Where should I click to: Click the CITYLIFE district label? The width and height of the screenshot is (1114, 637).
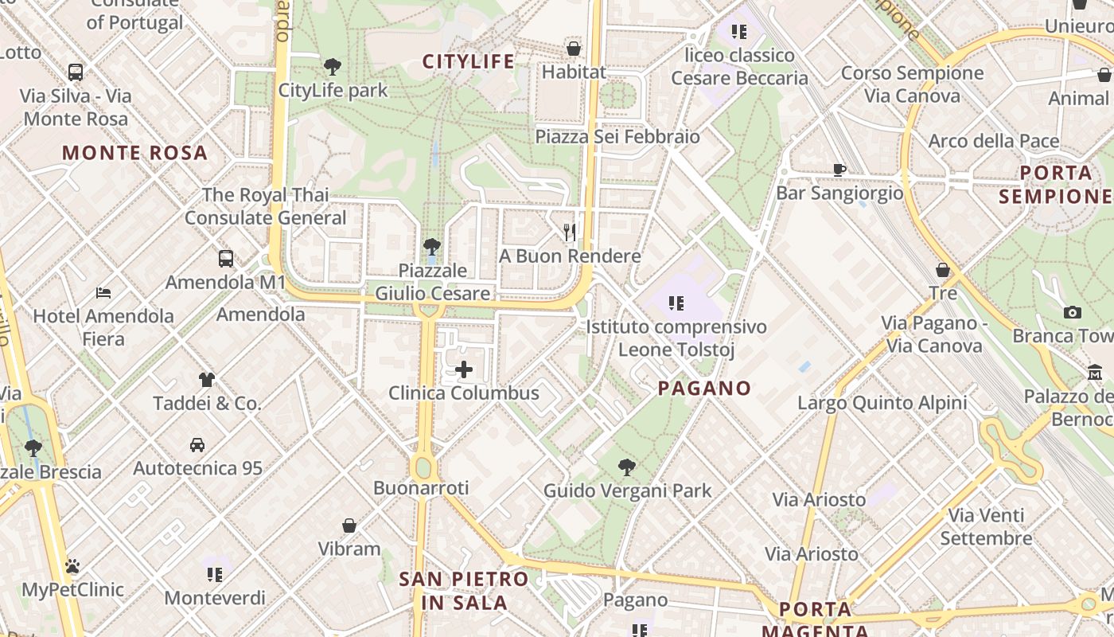pyautogui.click(x=468, y=61)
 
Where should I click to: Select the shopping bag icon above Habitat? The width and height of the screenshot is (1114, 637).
pyautogui.click(x=574, y=49)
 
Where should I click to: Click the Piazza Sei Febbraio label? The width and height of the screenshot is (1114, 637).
pyautogui.click(x=617, y=136)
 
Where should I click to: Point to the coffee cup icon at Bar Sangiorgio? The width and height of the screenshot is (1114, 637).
pyautogui.click(x=839, y=169)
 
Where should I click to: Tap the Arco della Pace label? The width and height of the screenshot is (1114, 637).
pyautogui.click(x=994, y=142)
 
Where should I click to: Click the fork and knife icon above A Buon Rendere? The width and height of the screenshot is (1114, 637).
pyautogui.click(x=570, y=233)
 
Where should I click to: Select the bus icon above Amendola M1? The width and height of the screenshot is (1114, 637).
pyautogui.click(x=226, y=259)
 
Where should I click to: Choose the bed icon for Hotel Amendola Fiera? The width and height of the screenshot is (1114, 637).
pyautogui.click(x=103, y=293)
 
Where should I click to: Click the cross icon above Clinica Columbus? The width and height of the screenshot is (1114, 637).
pyautogui.click(x=464, y=369)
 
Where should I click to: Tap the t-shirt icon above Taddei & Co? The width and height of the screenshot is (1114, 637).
pyautogui.click(x=207, y=380)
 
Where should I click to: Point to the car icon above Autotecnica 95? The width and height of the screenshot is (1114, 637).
pyautogui.click(x=197, y=445)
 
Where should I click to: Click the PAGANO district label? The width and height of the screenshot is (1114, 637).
pyautogui.click(x=705, y=389)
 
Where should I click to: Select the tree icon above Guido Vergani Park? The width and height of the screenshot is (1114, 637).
pyautogui.click(x=627, y=467)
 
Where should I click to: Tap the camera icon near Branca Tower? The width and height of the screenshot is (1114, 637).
pyautogui.click(x=1073, y=312)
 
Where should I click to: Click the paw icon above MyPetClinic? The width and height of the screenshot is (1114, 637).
pyautogui.click(x=72, y=567)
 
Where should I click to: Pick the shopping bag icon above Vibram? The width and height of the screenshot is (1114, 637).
pyautogui.click(x=349, y=526)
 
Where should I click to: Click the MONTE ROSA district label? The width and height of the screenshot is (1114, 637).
pyautogui.click(x=134, y=153)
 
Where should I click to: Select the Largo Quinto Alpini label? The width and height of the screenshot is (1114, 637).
pyautogui.click(x=882, y=403)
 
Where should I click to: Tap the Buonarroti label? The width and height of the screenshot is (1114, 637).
pyautogui.click(x=421, y=488)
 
